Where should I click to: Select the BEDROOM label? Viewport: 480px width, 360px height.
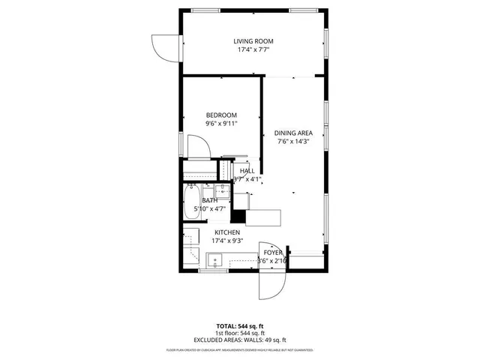click(x=221, y=115)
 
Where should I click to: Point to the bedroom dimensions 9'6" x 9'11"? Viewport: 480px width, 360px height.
click(x=221, y=124)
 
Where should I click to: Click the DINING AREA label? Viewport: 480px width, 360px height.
click(x=293, y=132)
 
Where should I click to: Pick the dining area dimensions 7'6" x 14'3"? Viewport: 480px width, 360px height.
click(x=293, y=140)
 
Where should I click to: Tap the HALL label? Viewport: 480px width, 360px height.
click(x=247, y=171)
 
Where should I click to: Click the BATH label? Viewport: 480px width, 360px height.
click(x=209, y=200)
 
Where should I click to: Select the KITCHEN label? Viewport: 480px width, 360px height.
click(x=227, y=232)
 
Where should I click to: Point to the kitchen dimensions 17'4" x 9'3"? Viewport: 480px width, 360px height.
click(x=227, y=241)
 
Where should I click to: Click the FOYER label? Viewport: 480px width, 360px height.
click(x=273, y=253)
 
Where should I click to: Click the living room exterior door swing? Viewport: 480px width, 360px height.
click(x=164, y=47)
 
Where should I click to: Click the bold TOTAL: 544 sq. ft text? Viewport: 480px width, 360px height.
click(x=240, y=326)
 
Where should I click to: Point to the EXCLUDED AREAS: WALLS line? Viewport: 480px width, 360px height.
click(x=240, y=340)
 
